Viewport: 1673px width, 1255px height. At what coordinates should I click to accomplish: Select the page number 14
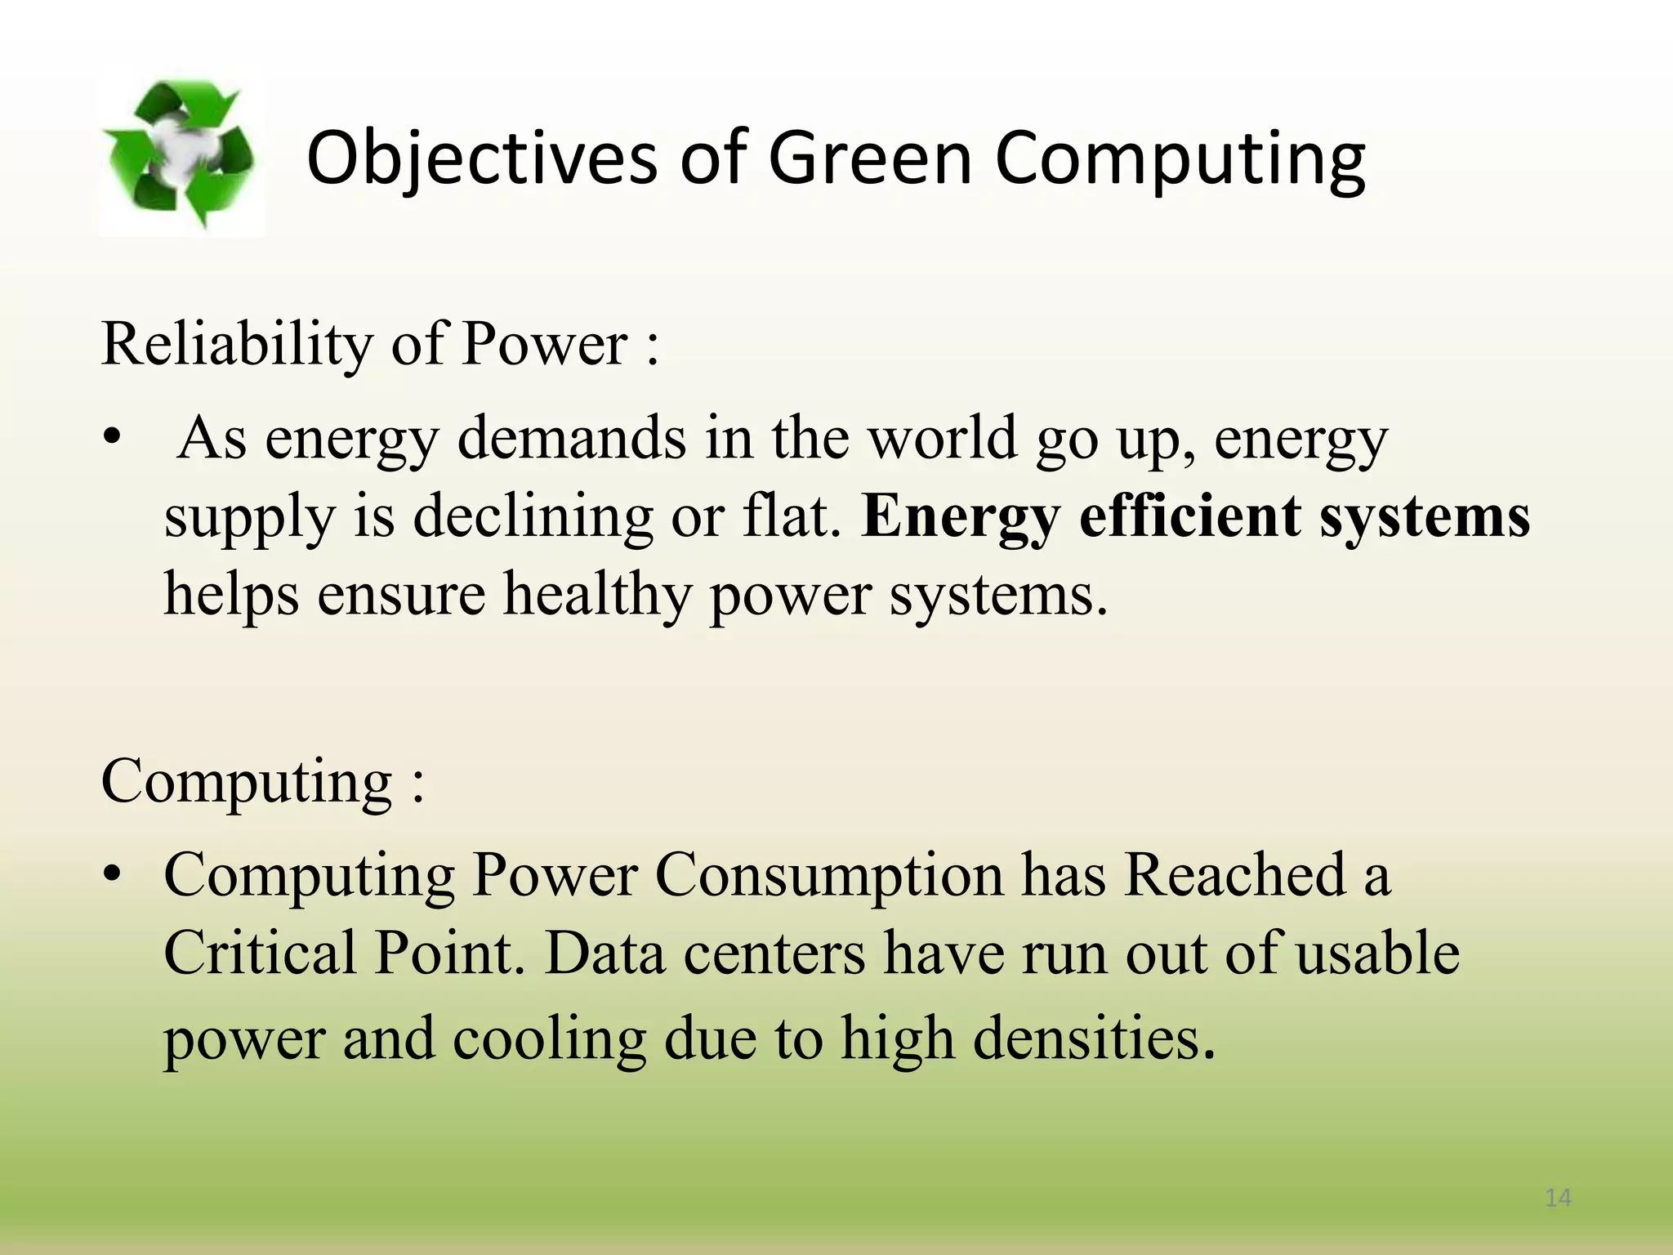(x=1558, y=1198)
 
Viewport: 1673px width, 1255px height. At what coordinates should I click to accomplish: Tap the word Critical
(x=261, y=954)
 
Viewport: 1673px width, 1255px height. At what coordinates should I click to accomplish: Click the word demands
(x=571, y=438)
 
